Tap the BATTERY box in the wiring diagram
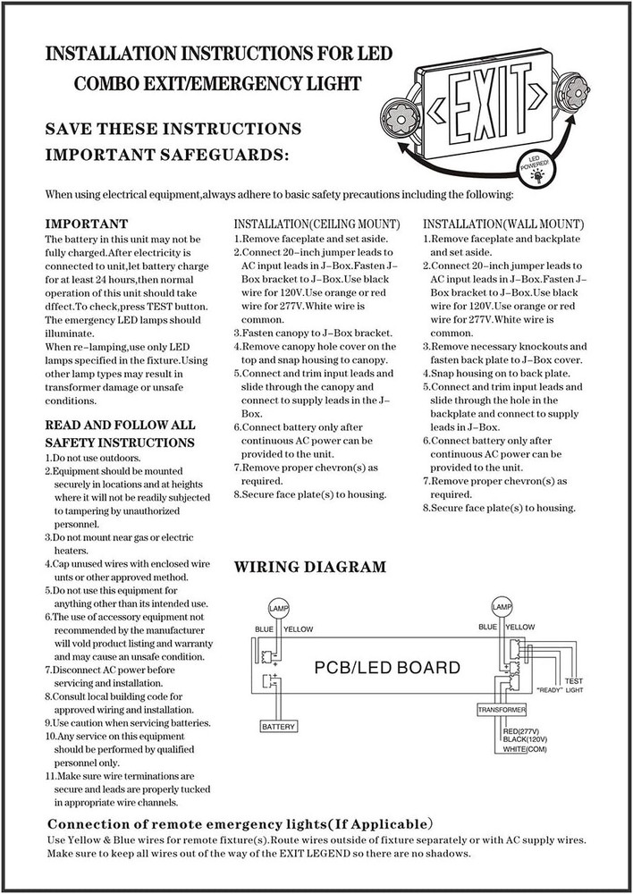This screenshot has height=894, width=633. click(x=278, y=727)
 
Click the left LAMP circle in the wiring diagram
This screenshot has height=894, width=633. click(x=279, y=606)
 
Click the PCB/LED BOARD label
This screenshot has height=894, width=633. click(x=388, y=668)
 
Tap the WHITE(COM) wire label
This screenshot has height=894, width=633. click(x=526, y=749)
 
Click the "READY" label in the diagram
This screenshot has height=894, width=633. click(x=548, y=690)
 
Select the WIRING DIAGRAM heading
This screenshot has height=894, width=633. click(x=309, y=567)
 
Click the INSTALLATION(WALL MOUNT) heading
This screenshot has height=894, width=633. click(x=503, y=223)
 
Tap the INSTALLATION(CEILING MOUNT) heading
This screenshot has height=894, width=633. click(x=316, y=223)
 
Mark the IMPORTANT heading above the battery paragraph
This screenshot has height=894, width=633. click(x=86, y=223)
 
